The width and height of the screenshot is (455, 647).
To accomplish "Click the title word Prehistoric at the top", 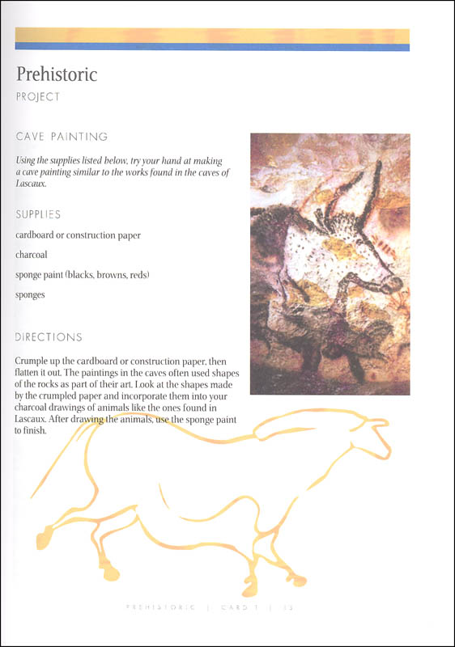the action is point(57,74).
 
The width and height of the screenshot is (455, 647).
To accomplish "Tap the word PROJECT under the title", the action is point(37,96).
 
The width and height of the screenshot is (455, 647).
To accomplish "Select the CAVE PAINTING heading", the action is point(62,137).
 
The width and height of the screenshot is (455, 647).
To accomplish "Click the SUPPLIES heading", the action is point(38,214).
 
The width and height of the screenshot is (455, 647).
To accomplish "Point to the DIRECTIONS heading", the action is point(49,336).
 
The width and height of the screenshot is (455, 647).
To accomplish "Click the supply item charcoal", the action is point(31,255).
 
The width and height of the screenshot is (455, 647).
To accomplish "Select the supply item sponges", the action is point(30,294).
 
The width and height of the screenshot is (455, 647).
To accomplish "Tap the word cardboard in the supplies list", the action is point(36,235).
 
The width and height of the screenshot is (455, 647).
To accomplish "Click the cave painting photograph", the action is point(330,264).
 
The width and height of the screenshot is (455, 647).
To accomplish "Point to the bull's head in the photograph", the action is point(381,275).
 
